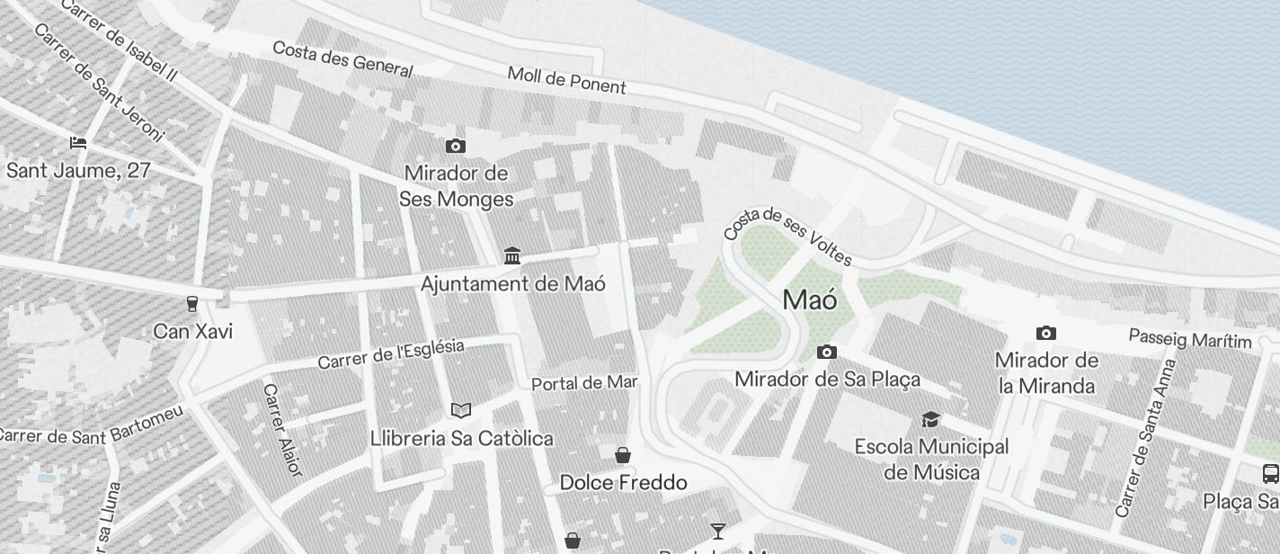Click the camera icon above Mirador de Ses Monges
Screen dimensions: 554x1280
[456, 146]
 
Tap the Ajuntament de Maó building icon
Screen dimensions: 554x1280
[512, 256]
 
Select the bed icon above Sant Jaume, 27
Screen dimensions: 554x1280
[78, 143]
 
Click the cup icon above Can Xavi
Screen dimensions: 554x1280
[191, 304]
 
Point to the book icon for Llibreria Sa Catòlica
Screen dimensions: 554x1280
[461, 410]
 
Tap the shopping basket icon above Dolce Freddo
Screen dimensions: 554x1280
[623, 455]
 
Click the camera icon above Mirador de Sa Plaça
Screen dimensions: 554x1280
[827, 352]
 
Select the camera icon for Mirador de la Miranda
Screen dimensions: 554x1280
[1045, 333]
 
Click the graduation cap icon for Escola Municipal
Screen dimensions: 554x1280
[930, 419]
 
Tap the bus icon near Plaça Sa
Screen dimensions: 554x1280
[1270, 473]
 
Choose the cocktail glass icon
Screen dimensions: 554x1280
[717, 531]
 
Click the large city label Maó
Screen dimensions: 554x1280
[810, 299]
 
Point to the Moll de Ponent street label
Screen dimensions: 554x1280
[566, 79]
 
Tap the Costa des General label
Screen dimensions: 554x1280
[342, 58]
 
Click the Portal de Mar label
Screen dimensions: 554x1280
[584, 383]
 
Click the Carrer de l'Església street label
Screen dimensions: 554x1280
[391, 353]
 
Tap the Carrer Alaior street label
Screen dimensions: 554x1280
[282, 430]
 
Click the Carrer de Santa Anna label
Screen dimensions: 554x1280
[1144, 438]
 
